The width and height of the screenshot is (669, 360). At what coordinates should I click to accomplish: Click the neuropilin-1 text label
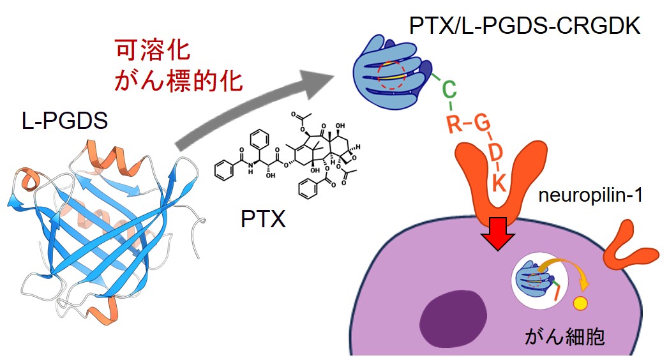[589, 198]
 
